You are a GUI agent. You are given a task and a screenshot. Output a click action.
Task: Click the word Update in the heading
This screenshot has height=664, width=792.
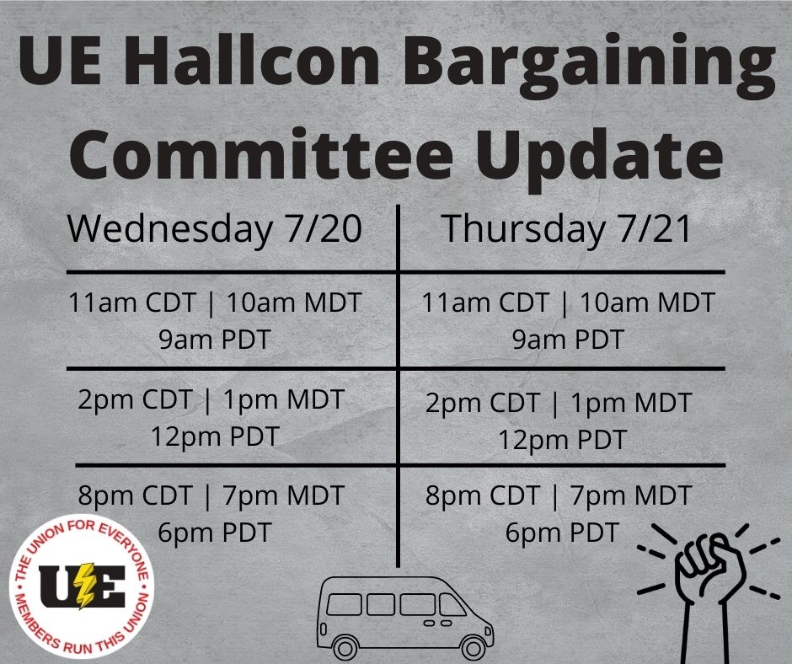tap(599, 158)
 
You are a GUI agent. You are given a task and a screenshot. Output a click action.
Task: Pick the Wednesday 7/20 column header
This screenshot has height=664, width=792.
tap(215, 228)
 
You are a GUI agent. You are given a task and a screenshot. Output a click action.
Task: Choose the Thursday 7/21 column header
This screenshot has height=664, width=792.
tap(566, 229)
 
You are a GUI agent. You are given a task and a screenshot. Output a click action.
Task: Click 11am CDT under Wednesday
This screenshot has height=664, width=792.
tap(131, 303)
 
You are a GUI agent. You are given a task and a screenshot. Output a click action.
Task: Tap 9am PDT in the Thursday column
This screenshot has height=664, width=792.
tap(568, 339)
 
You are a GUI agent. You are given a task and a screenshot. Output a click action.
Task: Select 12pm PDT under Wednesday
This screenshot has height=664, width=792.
tap(215, 437)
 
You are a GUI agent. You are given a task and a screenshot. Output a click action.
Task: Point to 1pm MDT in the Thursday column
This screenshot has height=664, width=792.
tap(630, 404)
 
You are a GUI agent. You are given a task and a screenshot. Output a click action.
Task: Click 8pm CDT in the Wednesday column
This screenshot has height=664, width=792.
tap(135, 495)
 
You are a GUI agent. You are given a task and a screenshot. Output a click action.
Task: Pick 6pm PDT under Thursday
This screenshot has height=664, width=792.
tap(562, 533)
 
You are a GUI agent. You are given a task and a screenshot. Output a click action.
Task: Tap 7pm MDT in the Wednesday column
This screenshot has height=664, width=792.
tap(283, 495)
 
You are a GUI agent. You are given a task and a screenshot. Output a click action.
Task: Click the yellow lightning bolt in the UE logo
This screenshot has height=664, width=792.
tap(84, 586)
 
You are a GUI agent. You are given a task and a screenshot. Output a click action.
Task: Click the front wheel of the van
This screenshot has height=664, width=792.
tap(474, 647)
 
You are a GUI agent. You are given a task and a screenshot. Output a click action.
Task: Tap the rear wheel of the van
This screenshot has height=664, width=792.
tap(346, 647)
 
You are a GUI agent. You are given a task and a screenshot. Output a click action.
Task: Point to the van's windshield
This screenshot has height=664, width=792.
tap(452, 604)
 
